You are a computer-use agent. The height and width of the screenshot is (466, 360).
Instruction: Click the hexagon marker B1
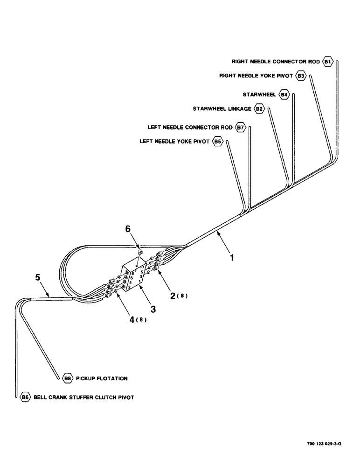point(328,62)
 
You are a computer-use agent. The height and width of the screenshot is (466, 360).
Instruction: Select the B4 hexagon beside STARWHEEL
point(284,95)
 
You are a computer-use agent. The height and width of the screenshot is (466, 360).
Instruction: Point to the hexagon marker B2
point(260,109)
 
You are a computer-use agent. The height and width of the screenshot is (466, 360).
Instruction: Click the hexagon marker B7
point(240,127)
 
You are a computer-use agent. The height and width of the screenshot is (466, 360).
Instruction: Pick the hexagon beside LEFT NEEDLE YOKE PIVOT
point(217,141)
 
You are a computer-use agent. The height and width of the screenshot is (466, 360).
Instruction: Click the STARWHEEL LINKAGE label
point(222,109)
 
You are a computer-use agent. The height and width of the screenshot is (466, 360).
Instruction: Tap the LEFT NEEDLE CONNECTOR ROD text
point(189,127)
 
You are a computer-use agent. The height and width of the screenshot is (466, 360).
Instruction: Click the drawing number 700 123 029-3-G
point(324,444)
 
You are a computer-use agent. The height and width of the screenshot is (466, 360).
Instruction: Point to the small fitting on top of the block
point(140,252)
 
